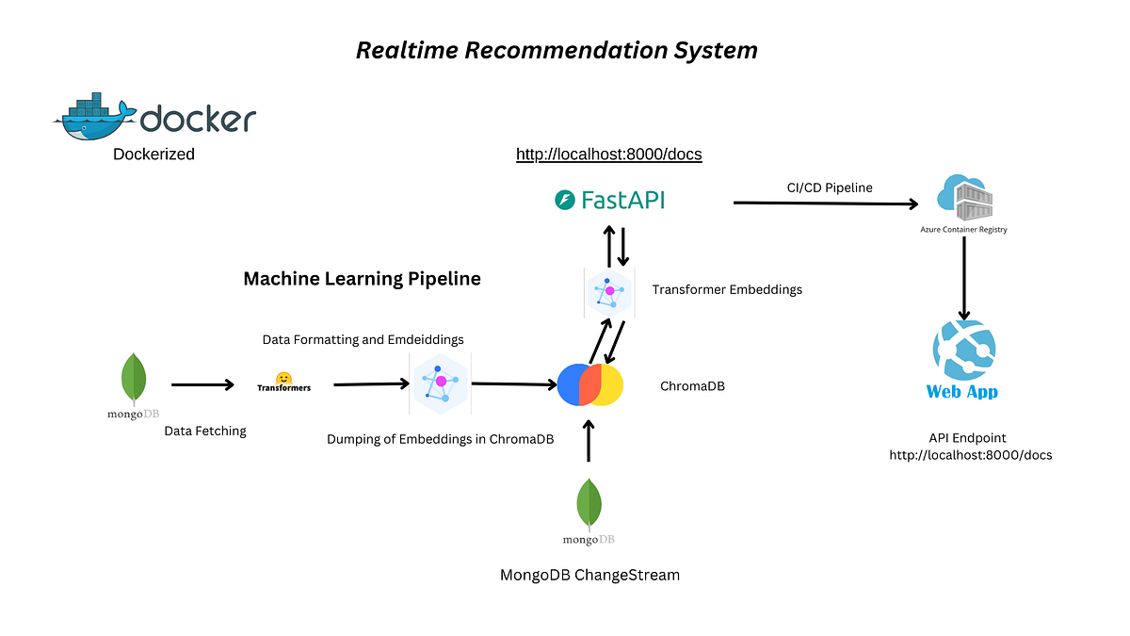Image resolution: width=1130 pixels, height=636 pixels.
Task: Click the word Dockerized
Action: [153, 154]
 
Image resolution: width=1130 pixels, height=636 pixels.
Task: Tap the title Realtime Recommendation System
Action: [557, 50]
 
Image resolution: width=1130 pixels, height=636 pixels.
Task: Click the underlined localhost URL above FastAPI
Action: [608, 154]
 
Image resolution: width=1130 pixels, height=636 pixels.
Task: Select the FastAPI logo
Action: [609, 200]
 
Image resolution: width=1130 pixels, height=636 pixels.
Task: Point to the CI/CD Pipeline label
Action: [830, 188]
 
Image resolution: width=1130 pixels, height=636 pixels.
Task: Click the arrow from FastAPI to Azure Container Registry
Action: [825, 203]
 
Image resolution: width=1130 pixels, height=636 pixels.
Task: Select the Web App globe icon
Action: [962, 350]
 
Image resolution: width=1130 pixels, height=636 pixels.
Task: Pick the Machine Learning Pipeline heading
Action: [362, 279]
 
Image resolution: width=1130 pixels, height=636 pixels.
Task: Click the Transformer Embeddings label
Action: [727, 289]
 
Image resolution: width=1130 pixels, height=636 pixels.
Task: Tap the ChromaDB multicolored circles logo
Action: [590, 385]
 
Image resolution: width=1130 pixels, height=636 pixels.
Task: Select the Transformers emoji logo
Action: [282, 378]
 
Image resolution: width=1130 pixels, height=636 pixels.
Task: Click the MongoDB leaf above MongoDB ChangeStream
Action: [589, 505]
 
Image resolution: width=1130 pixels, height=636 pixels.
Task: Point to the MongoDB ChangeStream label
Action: [589, 575]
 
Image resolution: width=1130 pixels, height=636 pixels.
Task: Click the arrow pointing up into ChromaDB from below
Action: [589, 441]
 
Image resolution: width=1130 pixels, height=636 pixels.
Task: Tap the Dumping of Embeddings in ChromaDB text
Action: [440, 439]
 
